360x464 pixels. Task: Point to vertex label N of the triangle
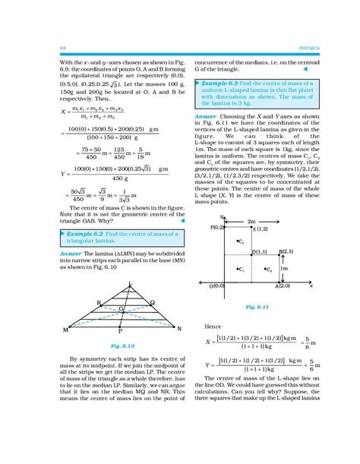[178, 330]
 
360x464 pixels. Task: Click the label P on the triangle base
[120, 333]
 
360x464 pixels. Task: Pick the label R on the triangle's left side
[99, 302]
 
